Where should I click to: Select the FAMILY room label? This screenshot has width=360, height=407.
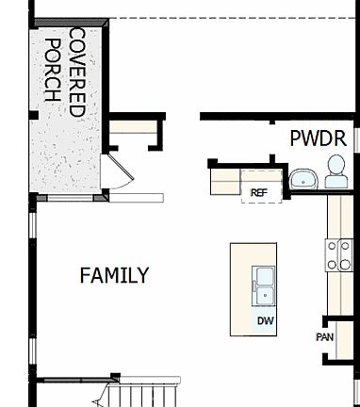tap(114, 275)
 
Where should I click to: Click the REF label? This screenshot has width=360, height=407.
tap(259, 193)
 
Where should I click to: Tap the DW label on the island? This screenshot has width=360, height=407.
tap(265, 320)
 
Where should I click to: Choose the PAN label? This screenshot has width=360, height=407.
tap(324, 336)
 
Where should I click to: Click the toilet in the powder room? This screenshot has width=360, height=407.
tap(335, 172)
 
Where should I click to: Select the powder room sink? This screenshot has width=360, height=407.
tap(303, 179)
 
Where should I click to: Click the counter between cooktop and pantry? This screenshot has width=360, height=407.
tap(337, 297)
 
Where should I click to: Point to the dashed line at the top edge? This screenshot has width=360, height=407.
tap(226, 19)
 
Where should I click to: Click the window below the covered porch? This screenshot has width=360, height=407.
tap(71, 197)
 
